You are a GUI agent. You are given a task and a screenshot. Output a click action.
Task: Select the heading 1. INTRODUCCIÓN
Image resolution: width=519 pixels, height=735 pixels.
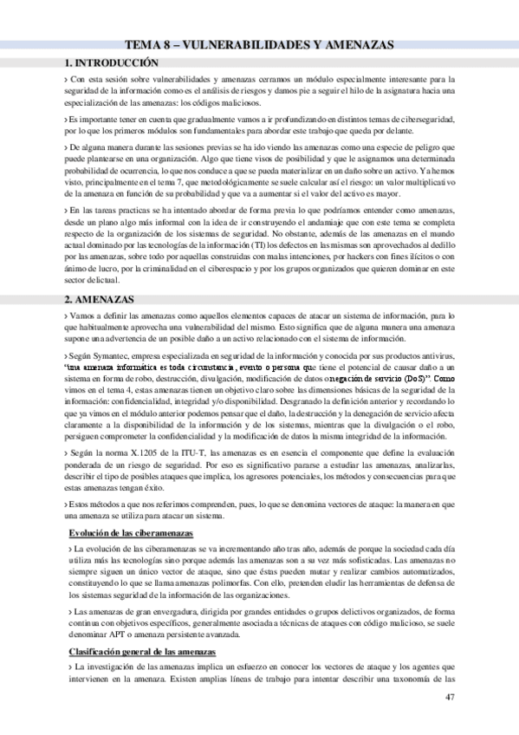113,63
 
